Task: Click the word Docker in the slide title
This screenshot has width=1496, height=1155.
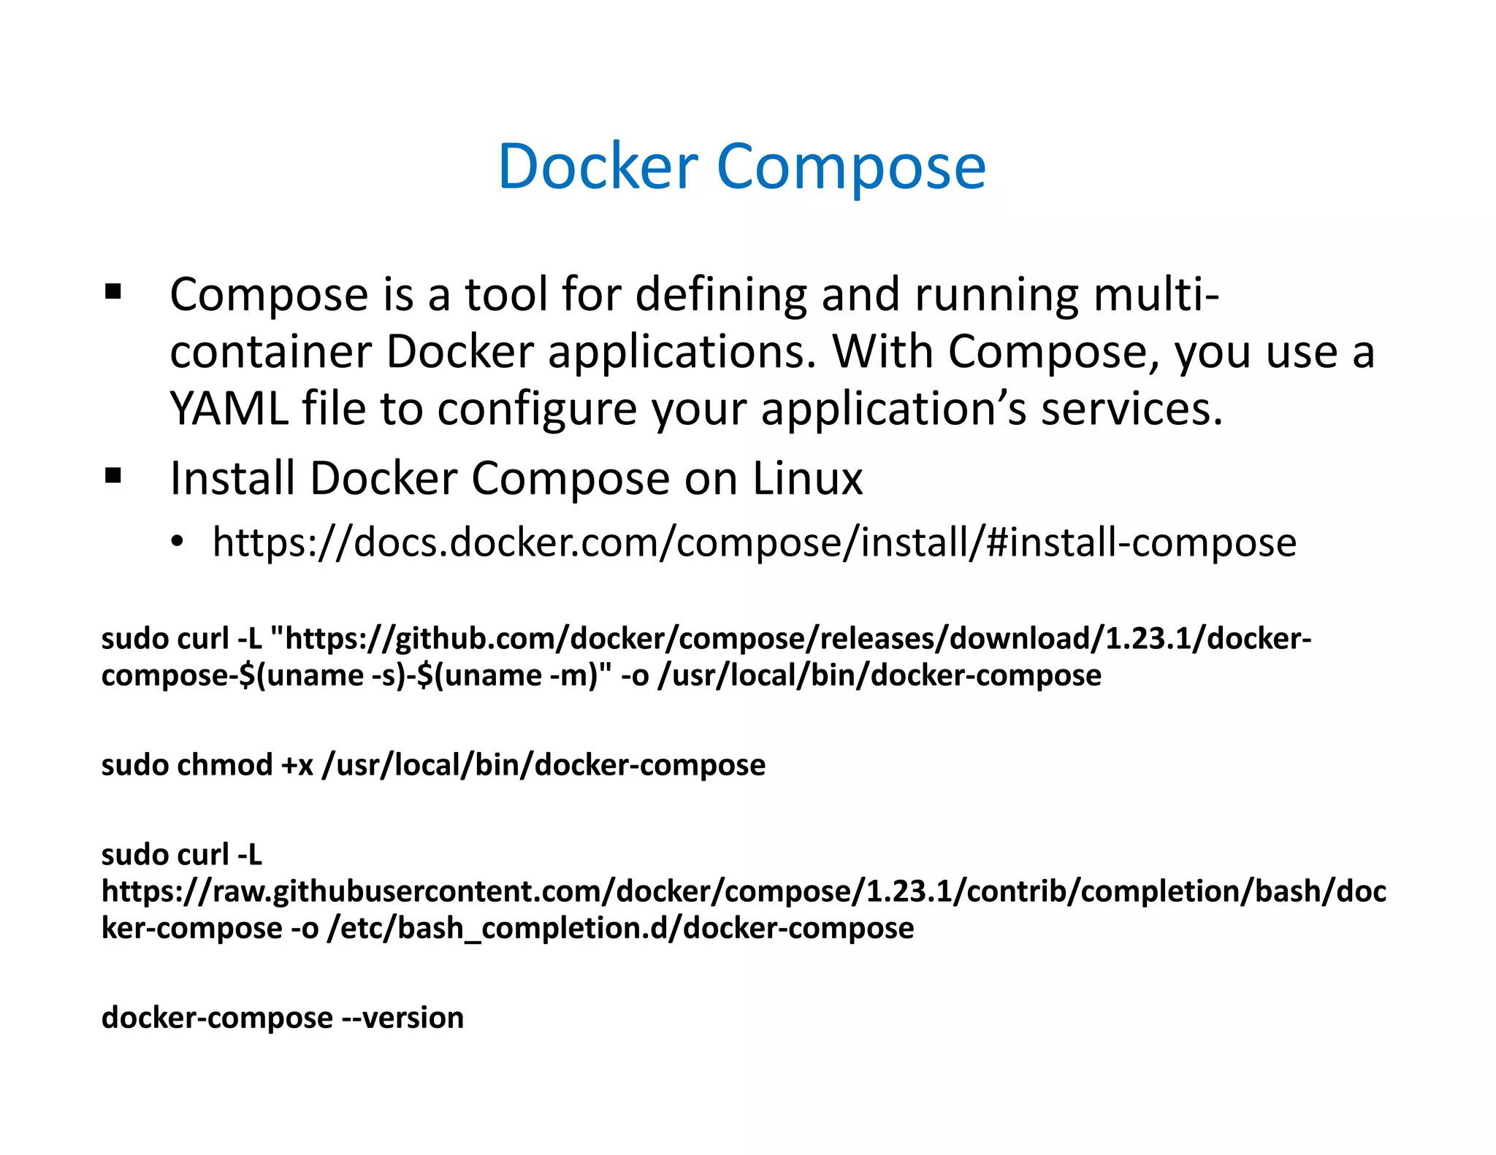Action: point(598,167)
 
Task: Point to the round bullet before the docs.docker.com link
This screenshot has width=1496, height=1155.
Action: point(176,543)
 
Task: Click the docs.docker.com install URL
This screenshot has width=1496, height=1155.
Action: point(754,543)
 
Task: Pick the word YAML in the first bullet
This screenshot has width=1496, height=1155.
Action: point(229,408)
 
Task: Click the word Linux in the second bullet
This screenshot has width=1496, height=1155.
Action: point(807,479)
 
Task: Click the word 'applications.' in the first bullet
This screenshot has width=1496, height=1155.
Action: point(682,353)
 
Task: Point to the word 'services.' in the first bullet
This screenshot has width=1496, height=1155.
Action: point(1131,408)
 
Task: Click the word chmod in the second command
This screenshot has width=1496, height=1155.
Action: point(224,764)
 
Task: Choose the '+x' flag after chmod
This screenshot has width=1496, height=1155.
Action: point(297,765)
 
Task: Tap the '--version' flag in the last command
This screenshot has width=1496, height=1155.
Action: point(402,1017)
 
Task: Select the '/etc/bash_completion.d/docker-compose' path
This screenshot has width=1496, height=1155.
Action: point(620,929)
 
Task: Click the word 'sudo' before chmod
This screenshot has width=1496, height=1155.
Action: point(135,764)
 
